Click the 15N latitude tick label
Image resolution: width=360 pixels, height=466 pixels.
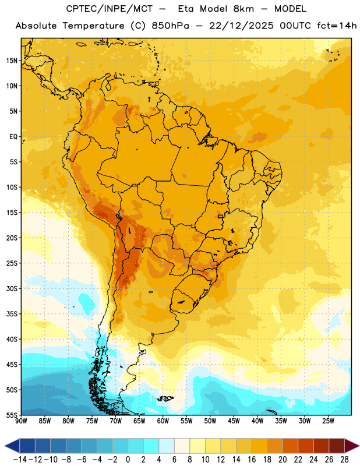(x=12, y=61)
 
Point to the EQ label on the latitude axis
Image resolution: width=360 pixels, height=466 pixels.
(x=13, y=137)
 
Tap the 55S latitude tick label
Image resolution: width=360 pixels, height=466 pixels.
(x=12, y=415)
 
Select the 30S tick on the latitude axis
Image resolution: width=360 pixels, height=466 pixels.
(x=12, y=288)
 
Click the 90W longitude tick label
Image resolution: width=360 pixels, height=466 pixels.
(x=21, y=421)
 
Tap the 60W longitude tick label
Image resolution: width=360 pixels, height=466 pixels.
(x=163, y=421)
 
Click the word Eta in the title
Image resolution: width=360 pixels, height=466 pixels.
(x=185, y=9)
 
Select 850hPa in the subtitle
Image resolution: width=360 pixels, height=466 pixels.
(x=170, y=26)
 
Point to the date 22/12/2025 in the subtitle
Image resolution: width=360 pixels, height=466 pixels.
(x=241, y=26)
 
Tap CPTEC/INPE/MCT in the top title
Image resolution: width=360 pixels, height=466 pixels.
(x=110, y=9)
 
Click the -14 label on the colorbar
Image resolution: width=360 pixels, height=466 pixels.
(x=20, y=460)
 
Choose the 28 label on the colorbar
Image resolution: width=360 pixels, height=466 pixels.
(x=344, y=460)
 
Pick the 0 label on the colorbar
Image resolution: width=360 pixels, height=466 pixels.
(x=128, y=460)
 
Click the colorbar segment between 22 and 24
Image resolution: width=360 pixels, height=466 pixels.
(x=306, y=446)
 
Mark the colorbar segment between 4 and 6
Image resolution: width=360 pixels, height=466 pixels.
(x=167, y=446)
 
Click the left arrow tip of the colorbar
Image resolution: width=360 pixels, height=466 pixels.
(x=5, y=446)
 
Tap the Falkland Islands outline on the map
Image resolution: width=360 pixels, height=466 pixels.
(x=165, y=398)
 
